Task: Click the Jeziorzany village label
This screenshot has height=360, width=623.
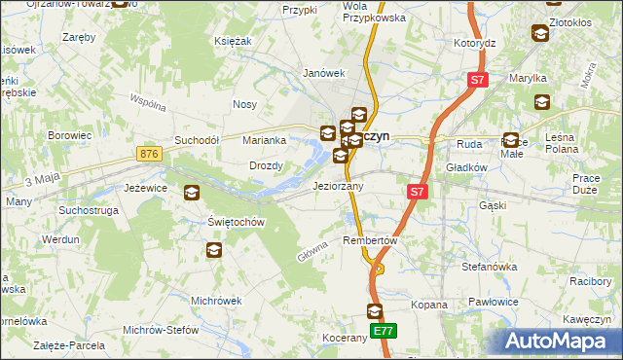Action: click(x=338, y=186)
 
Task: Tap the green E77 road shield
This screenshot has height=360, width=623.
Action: click(x=385, y=332)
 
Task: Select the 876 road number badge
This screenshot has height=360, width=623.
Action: click(x=149, y=155)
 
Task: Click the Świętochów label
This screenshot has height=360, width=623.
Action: click(x=238, y=222)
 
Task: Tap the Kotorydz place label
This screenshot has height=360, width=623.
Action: click(x=475, y=44)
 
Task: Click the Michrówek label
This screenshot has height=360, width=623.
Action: click(x=216, y=301)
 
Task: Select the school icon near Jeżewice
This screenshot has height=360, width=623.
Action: click(x=191, y=193)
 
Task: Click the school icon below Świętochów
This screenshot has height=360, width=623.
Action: click(x=214, y=251)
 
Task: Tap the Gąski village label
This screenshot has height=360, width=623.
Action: click(x=494, y=206)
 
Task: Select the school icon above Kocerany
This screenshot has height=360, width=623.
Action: click(x=376, y=311)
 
